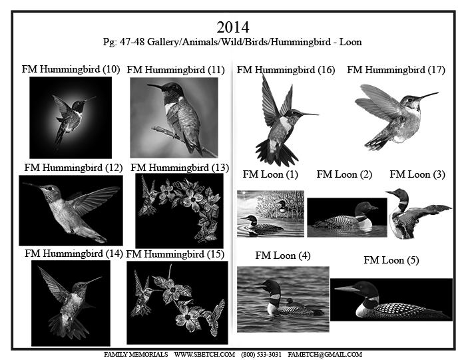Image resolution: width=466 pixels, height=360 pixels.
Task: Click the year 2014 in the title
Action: [x=233, y=27]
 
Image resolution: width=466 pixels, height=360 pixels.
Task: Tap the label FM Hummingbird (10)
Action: [x=71, y=69]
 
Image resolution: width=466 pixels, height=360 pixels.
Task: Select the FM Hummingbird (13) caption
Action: [x=180, y=168]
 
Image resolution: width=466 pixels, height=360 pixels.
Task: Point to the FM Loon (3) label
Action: [x=417, y=174]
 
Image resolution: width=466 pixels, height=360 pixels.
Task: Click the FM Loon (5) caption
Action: [x=391, y=260]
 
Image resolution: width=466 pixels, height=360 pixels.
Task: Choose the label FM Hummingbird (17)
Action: [x=396, y=70]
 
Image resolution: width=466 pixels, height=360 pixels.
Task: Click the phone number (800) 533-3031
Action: [x=261, y=355]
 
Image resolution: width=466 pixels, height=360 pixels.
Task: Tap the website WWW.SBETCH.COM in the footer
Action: [x=204, y=355]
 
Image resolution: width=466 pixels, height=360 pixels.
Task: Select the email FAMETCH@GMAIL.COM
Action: [x=325, y=355]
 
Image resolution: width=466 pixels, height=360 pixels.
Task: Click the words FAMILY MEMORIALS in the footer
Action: [x=136, y=355]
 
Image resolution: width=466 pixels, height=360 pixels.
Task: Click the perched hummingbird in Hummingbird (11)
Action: [x=178, y=116]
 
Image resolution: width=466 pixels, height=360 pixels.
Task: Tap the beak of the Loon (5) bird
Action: [x=347, y=288]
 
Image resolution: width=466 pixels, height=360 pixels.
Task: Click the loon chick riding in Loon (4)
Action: [x=293, y=303]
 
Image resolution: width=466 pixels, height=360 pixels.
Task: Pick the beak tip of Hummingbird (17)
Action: [x=438, y=93]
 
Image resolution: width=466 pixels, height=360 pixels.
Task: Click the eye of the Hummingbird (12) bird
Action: [x=51, y=188]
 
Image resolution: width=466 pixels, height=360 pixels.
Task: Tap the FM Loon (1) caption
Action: [x=270, y=174]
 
